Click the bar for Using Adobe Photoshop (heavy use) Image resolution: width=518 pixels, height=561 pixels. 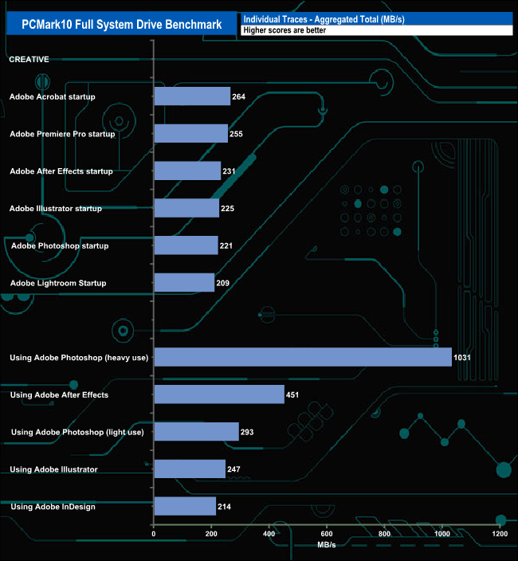point(303,358)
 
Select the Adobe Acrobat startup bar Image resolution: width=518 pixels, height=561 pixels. point(192,96)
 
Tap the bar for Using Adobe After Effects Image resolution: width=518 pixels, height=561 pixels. point(219,394)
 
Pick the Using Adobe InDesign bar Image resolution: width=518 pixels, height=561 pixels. point(185,506)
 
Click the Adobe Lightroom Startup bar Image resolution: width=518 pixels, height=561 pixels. point(184,283)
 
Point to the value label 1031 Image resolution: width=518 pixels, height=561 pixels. point(462,358)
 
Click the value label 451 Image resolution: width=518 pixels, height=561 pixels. point(292,394)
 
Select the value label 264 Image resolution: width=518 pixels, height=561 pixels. point(238,97)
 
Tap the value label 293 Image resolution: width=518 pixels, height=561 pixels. point(247,432)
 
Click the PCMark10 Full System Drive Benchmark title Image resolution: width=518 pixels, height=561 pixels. point(121,24)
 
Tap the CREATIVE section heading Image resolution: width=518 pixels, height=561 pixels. point(29,59)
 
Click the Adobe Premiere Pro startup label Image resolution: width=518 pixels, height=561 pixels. point(62,134)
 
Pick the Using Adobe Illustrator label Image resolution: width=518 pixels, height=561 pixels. point(53,469)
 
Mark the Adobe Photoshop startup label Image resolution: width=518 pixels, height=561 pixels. point(60,245)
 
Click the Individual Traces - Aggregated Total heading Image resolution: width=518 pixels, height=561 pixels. point(324,18)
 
